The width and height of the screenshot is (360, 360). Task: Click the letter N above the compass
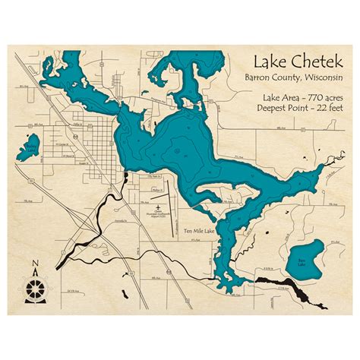point(35,265)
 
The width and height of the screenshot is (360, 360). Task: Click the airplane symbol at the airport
point(157,207)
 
